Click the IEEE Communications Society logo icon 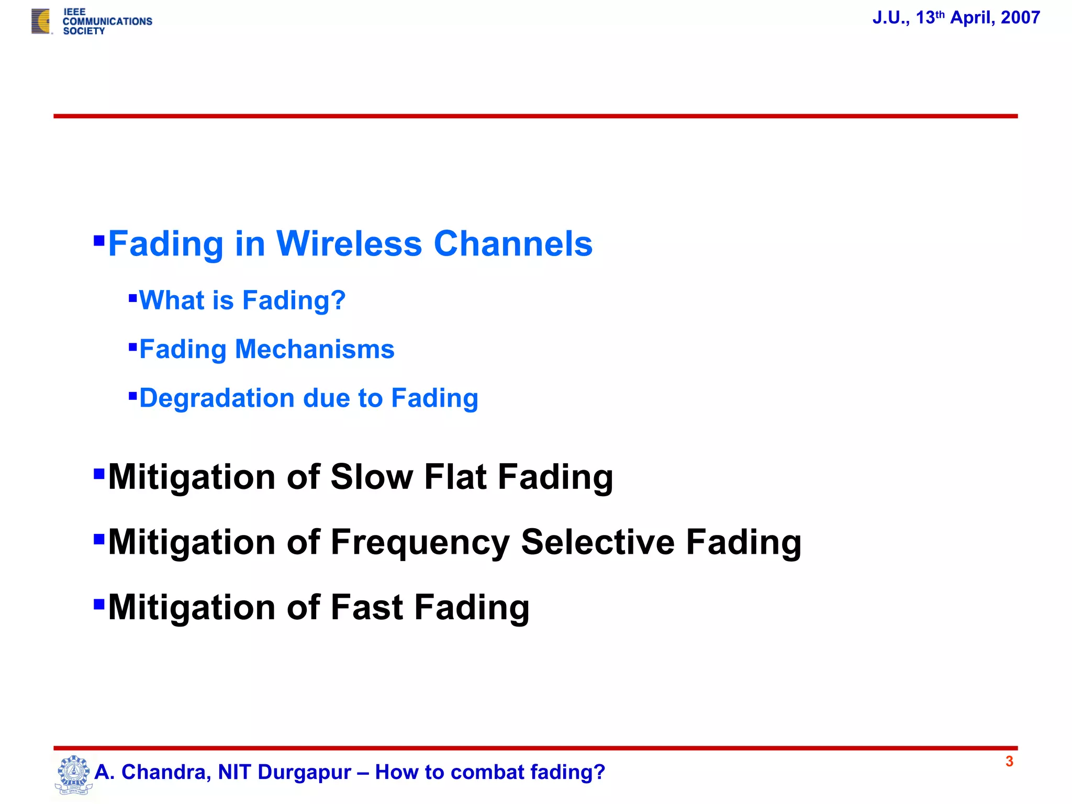41,21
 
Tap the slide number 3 1009,762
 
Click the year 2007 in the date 1020,18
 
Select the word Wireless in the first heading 349,244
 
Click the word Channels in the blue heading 513,244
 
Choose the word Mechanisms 315,349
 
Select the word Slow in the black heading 372,477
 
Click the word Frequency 420,542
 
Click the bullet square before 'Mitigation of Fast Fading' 99,604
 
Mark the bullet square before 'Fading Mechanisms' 132,347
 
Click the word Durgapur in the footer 304,773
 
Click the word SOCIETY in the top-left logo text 84,31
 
